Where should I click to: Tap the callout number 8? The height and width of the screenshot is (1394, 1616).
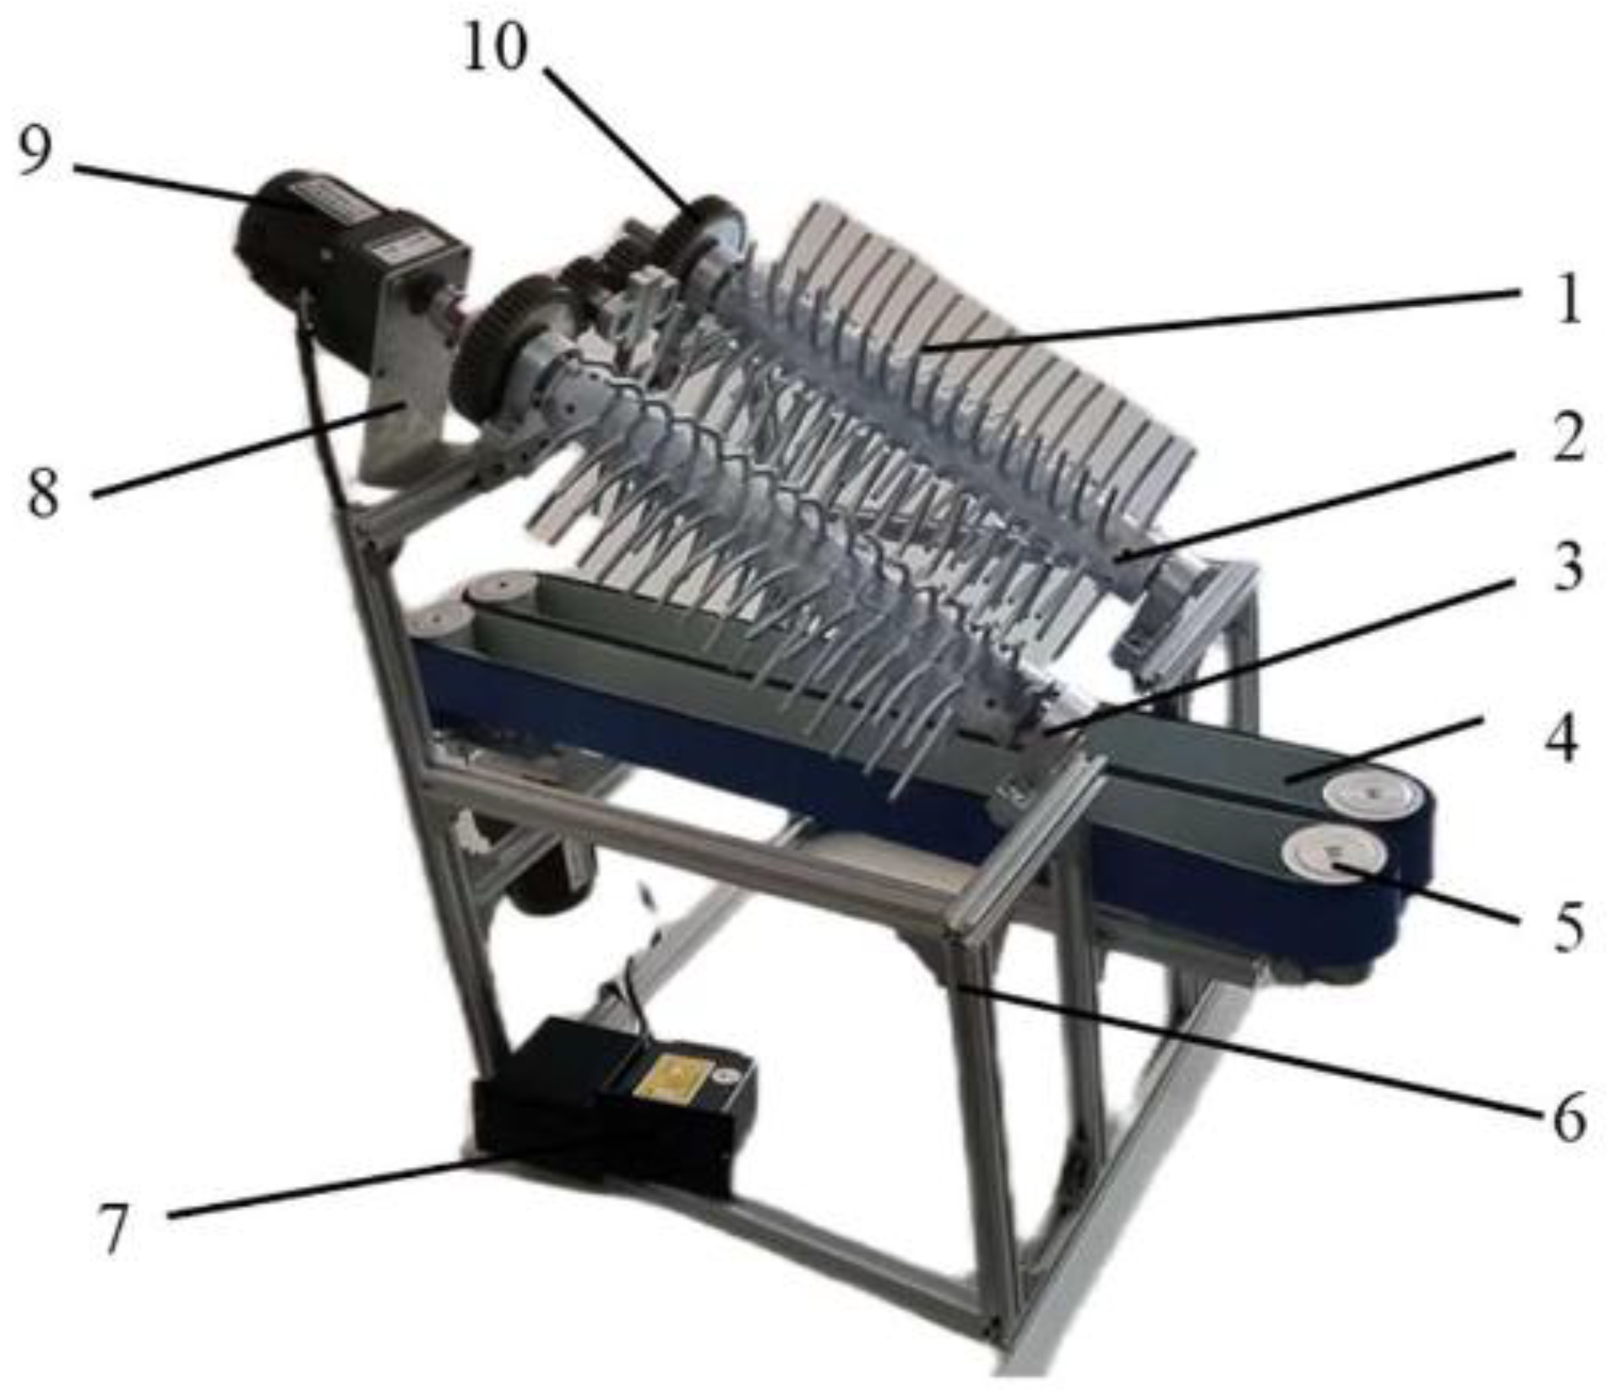pyautogui.click(x=44, y=493)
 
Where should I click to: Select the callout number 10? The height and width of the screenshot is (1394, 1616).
pyautogui.click(x=495, y=47)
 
